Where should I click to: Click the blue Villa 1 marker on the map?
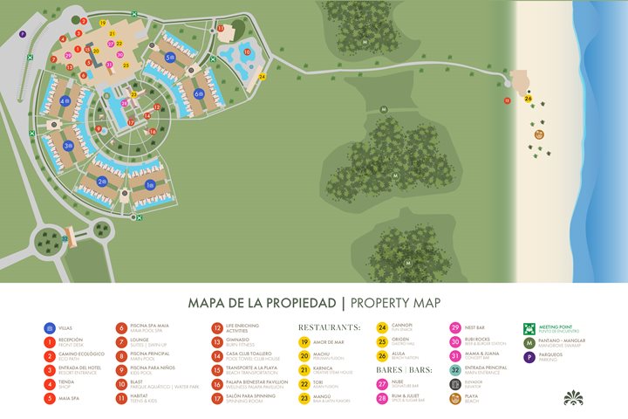point(149,185)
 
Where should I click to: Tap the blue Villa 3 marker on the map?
point(68,146)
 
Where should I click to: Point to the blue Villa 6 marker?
point(199,93)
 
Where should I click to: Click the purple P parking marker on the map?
point(24,34)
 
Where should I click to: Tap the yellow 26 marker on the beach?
point(529,99)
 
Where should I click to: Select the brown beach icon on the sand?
point(539,134)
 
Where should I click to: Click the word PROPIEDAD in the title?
point(298,303)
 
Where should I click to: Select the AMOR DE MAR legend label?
point(330,341)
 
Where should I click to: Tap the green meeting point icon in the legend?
point(528,328)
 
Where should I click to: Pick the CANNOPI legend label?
point(402,326)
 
